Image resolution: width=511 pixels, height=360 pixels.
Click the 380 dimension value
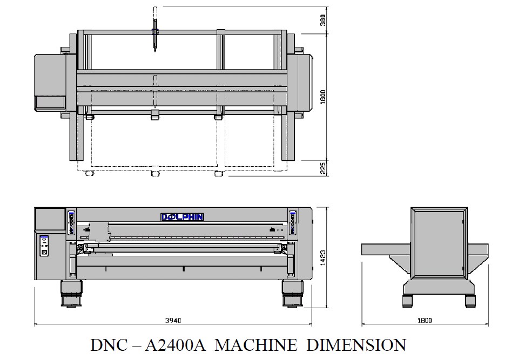click(322, 20)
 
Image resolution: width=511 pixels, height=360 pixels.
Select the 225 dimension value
click(323, 168)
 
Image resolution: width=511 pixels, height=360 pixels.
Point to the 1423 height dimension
click(322, 257)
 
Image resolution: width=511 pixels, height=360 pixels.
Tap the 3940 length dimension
click(173, 320)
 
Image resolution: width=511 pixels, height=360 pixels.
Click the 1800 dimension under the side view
click(425, 320)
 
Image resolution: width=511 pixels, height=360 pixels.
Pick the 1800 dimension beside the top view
click(322, 97)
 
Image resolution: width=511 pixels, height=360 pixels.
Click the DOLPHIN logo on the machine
click(182, 217)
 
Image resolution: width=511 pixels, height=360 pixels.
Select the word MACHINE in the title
click(256, 345)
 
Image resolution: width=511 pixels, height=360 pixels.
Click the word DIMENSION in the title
click(356, 345)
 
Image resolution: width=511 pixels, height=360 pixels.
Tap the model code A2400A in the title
click(175, 345)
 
